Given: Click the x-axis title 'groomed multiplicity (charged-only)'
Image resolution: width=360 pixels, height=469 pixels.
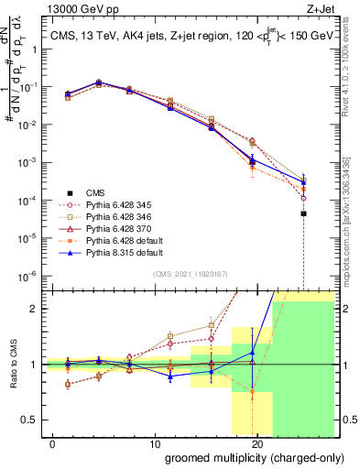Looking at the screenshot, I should [244, 456].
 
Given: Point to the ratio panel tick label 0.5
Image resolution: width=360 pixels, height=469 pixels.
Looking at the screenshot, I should [29, 420].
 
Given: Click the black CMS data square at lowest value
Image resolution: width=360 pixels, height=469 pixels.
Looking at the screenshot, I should [303, 213].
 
